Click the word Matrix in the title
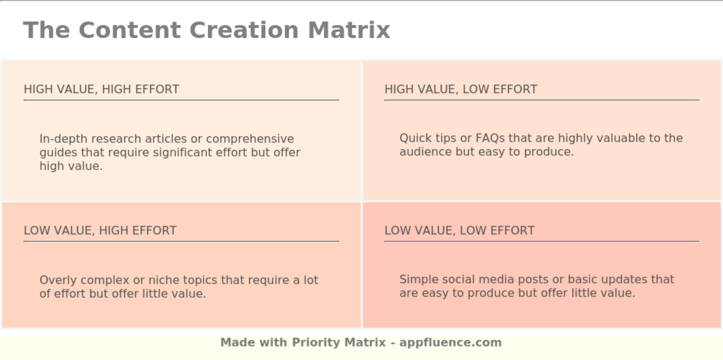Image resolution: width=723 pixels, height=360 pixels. click(x=349, y=30)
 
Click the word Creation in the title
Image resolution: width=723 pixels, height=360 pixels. click(x=244, y=30)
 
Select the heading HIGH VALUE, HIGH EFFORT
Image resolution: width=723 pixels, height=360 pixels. click(x=101, y=89)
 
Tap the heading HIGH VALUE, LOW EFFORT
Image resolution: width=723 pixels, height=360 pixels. click(x=461, y=89)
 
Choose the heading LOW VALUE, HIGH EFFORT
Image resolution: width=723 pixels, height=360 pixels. click(x=100, y=230)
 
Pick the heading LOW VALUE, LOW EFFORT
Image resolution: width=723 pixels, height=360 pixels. click(x=460, y=230)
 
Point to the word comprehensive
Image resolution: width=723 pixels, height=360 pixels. click(x=250, y=139)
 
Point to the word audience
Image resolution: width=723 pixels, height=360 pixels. click(x=426, y=152)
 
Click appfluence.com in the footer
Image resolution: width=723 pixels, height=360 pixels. click(x=450, y=342)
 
